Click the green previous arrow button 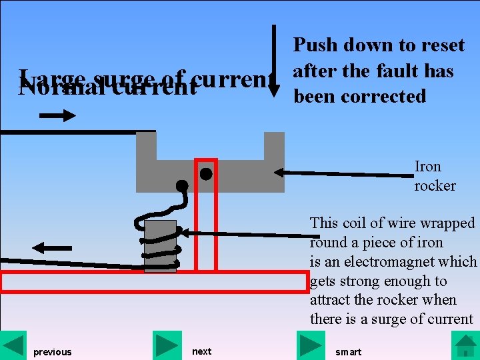click(14, 345)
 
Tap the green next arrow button click(167, 345)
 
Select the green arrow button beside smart click(311, 345)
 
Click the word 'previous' click(53, 352)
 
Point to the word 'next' click(201, 351)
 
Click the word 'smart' click(349, 352)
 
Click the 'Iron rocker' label click(434, 176)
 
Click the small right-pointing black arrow click(58, 116)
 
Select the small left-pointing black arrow click(51, 248)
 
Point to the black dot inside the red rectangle click(206, 175)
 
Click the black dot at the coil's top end click(181, 185)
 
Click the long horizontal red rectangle click(154, 282)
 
